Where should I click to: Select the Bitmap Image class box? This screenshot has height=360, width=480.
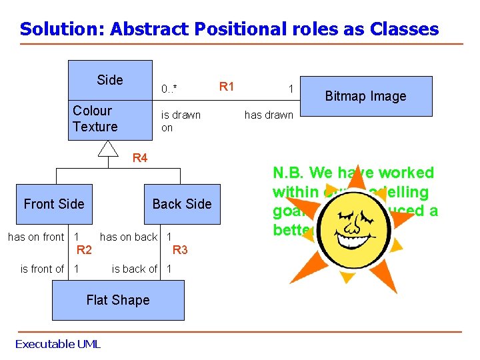click(365, 96)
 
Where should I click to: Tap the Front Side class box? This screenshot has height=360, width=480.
click(54, 204)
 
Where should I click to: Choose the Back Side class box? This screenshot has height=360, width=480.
click(181, 204)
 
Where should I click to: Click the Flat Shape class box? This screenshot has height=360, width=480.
click(118, 300)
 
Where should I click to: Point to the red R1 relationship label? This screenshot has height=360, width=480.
click(227, 86)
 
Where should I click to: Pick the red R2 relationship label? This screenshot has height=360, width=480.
click(83, 251)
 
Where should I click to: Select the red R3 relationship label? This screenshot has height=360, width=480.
click(180, 251)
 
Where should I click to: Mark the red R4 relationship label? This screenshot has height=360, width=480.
click(140, 158)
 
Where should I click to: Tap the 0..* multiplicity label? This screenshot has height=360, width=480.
click(169, 89)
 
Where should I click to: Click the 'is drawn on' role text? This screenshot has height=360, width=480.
click(180, 121)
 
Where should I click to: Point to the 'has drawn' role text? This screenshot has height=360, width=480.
click(269, 115)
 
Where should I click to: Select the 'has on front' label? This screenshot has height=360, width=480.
click(36, 237)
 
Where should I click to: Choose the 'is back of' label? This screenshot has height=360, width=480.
click(134, 269)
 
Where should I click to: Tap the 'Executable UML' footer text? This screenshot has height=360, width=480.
click(57, 344)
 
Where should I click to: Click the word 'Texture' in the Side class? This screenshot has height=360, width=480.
click(95, 127)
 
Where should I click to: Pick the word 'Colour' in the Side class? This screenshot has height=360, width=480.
click(92, 111)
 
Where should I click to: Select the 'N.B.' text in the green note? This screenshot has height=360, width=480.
click(289, 173)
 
